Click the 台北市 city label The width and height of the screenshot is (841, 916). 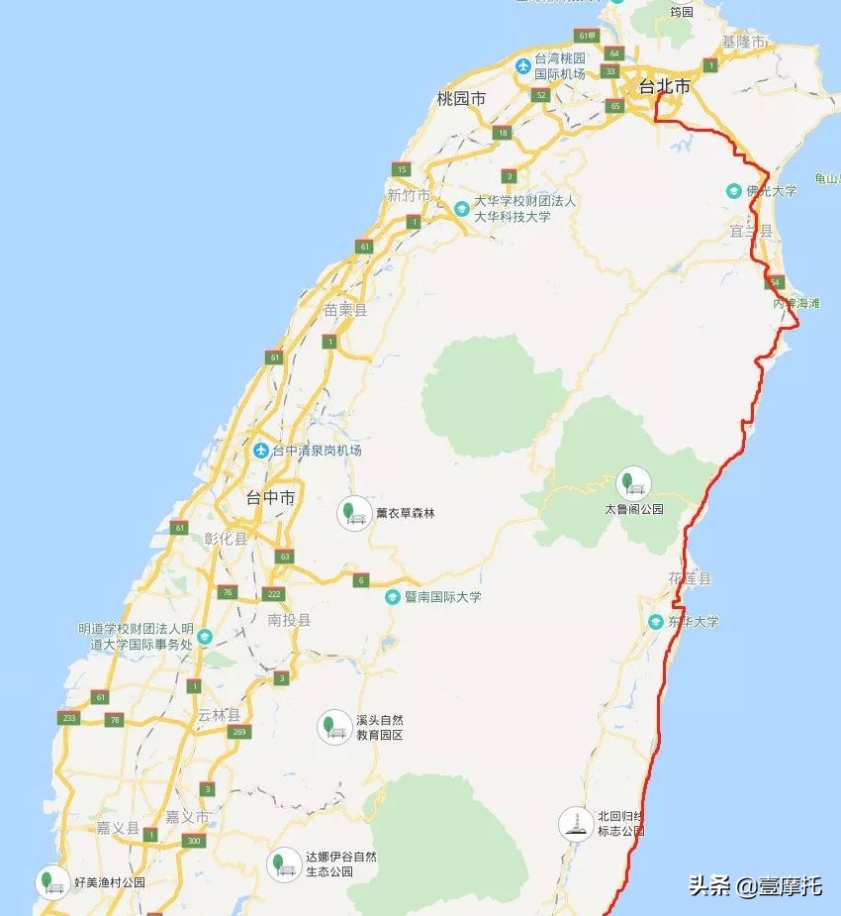[x=664, y=86]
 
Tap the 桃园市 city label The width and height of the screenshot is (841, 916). [x=461, y=98]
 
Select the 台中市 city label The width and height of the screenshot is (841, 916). [x=270, y=499]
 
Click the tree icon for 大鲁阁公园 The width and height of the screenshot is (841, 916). [x=627, y=483]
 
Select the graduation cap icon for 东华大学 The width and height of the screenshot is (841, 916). [x=655, y=622]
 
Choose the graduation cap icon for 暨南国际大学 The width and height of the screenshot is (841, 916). [x=393, y=597]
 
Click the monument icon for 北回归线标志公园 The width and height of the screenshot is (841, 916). [x=573, y=823]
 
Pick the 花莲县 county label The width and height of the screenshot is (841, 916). [x=690, y=577]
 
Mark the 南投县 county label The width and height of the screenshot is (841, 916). [x=289, y=620]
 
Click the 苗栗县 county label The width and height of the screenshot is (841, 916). [x=344, y=310]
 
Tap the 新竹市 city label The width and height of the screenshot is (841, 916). [x=408, y=195]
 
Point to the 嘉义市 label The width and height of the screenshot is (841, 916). [x=187, y=817]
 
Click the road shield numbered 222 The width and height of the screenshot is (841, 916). [x=274, y=594]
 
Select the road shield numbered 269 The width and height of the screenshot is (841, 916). [x=236, y=732]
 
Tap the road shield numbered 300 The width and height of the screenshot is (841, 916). [x=194, y=841]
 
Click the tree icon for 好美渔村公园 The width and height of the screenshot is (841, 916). [x=48, y=880]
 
